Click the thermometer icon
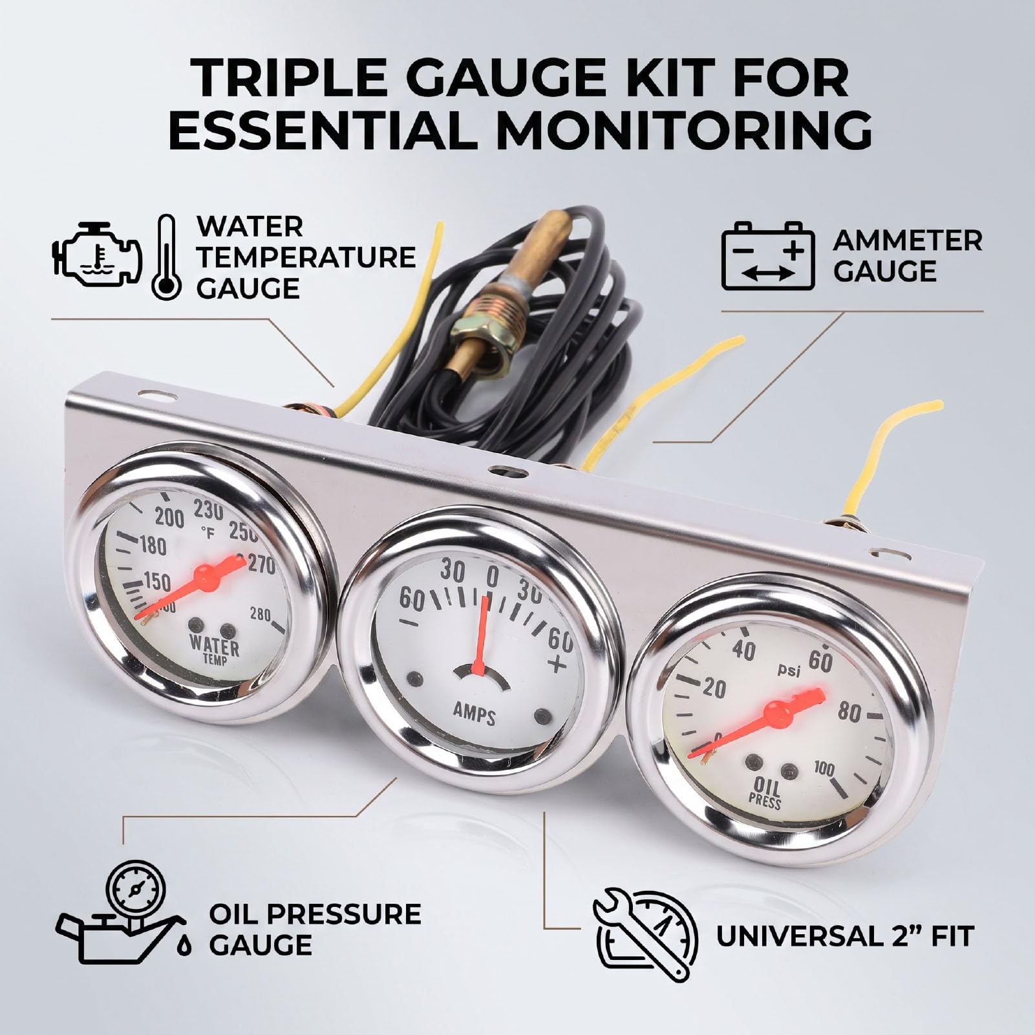(166, 257)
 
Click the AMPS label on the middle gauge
(475, 715)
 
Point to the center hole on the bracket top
(501, 470)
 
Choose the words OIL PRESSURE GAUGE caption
(315, 930)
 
